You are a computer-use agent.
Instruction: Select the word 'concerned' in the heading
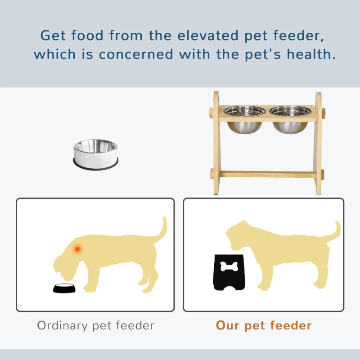[x=136, y=55]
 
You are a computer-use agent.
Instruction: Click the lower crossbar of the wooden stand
[x=268, y=174]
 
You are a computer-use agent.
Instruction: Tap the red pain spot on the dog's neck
[x=78, y=248]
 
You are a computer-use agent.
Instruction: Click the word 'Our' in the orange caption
[x=228, y=325]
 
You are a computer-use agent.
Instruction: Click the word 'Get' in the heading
[x=53, y=35]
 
